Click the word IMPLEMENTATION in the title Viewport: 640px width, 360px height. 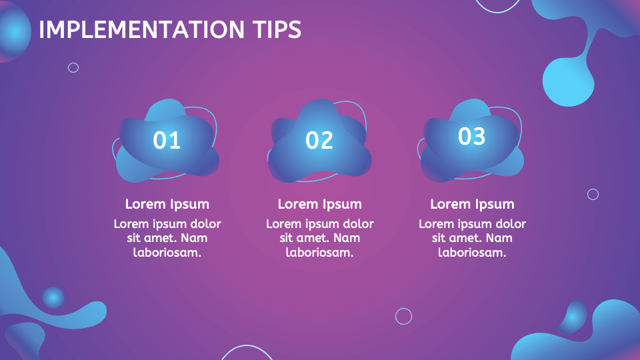(x=141, y=30)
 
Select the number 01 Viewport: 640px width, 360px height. (x=167, y=140)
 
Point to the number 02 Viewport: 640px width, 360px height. (x=319, y=140)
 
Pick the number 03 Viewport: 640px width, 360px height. (x=471, y=136)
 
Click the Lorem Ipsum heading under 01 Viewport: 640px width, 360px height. (x=167, y=204)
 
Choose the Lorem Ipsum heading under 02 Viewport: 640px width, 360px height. (x=320, y=204)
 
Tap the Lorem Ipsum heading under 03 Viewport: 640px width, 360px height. (x=472, y=204)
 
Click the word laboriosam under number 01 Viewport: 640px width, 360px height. (x=167, y=253)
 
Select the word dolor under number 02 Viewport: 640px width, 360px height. (x=357, y=223)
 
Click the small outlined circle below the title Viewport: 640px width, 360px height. (x=73, y=67)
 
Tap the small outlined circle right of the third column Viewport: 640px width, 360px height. (x=593, y=194)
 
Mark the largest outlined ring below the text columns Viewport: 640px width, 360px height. (x=403, y=316)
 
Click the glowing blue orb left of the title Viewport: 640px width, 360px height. (x=15, y=31)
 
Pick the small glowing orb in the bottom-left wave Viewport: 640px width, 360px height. (x=53, y=297)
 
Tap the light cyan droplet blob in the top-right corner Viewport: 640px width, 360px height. (x=568, y=81)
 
